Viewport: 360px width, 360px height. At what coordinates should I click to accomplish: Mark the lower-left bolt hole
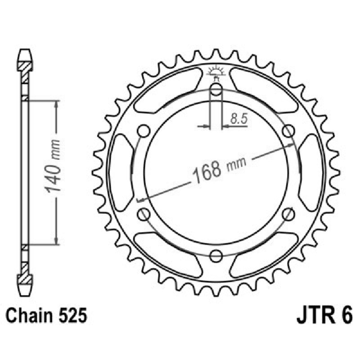pos(144,214)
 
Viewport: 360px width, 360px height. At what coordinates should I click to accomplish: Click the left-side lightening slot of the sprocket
pos(121,172)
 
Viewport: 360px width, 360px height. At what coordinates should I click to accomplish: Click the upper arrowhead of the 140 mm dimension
pos(56,104)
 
